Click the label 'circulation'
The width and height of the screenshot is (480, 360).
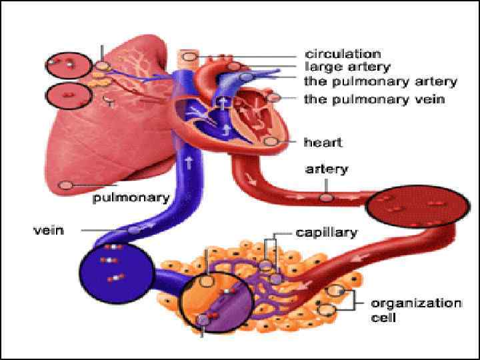[x=343, y=54]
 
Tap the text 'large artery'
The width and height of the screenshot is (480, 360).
[x=347, y=67]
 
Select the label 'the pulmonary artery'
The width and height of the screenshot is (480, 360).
[x=380, y=82]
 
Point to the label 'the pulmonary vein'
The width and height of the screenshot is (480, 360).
[x=374, y=99]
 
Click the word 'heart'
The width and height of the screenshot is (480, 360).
[x=323, y=142]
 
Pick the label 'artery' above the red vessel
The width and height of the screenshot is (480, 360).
[x=326, y=169]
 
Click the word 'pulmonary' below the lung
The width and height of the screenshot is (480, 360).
[x=131, y=197]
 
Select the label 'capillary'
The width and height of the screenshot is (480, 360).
[x=327, y=233]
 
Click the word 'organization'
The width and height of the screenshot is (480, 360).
[x=416, y=303]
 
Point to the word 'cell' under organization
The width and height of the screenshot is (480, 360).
[x=383, y=317]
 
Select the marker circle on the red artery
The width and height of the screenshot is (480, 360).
[x=326, y=197]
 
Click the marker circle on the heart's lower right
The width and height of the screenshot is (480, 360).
[x=270, y=141]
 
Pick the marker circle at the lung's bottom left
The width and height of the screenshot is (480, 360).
[x=65, y=185]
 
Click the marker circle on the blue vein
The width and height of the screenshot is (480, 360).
[x=134, y=230]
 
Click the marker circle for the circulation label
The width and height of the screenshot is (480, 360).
[x=190, y=57]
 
